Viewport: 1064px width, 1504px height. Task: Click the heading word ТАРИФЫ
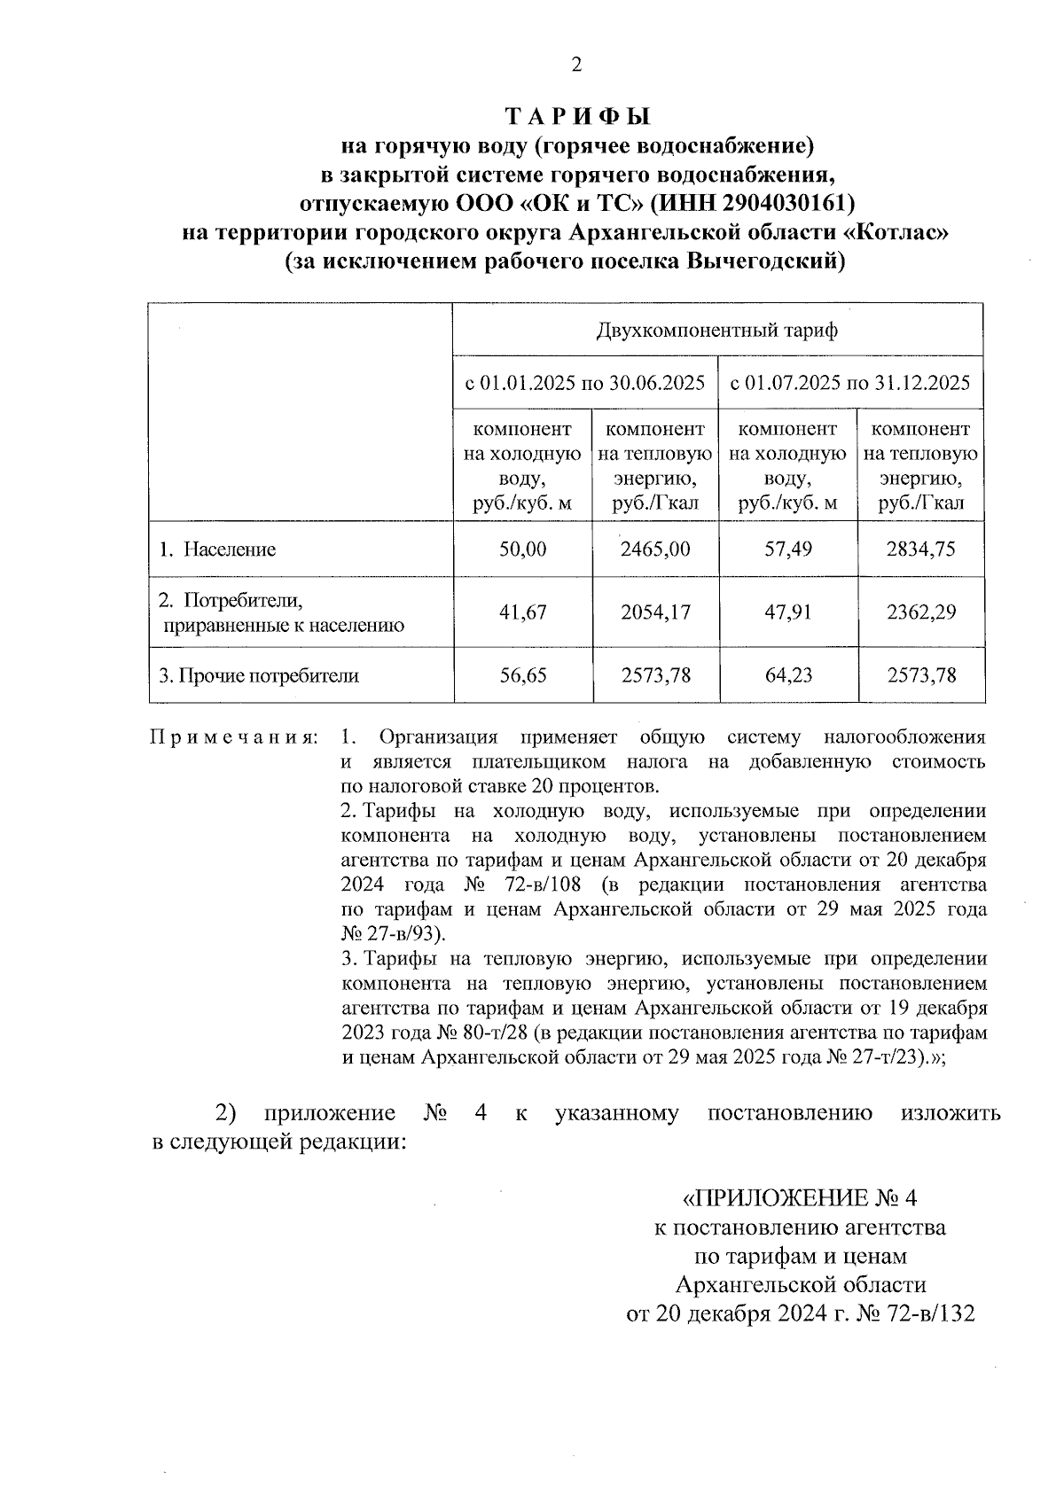coord(577,117)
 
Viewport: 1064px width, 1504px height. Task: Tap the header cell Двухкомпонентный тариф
coord(717,331)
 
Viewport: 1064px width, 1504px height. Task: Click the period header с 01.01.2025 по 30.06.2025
coord(585,383)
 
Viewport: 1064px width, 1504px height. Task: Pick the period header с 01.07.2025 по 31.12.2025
coord(850,383)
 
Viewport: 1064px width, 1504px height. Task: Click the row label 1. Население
coord(217,549)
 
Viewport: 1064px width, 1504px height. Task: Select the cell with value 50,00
coord(523,549)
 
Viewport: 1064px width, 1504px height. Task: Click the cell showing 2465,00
coord(655,549)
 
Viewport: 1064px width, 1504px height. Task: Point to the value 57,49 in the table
coord(788,549)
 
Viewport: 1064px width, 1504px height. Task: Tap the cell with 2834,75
coord(921,549)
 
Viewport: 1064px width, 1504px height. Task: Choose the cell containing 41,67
coord(523,612)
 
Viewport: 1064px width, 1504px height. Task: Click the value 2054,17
coord(655,612)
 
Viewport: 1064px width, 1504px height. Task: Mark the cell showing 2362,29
coord(921,612)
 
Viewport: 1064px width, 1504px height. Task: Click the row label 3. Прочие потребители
coord(259,676)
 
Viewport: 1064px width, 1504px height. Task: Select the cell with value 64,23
coord(788,676)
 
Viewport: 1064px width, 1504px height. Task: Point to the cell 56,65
coord(523,676)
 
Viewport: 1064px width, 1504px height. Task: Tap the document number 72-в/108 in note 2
coord(552,885)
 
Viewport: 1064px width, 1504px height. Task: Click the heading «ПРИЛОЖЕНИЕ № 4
coord(799,1199)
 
